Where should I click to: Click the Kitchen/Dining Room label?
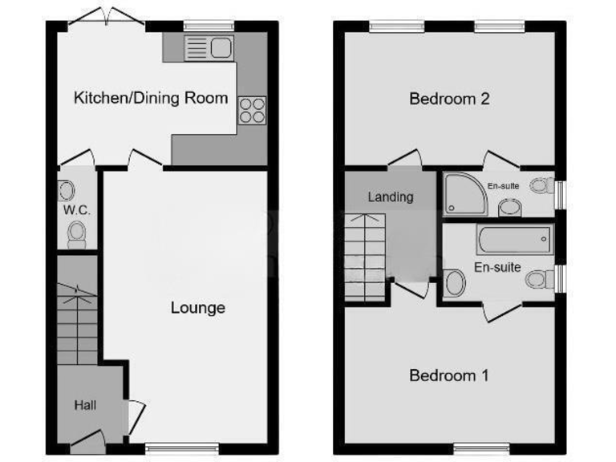[x=151, y=99]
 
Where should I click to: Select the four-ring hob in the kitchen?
[x=252, y=109]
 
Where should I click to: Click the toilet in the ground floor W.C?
[x=77, y=234]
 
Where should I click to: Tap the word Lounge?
[x=197, y=308]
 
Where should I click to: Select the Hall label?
[x=85, y=405]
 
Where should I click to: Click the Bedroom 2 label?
[x=449, y=99]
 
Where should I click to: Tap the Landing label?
[x=390, y=197]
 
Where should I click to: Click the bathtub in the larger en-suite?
[x=513, y=238]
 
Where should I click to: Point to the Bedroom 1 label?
[x=449, y=375]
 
